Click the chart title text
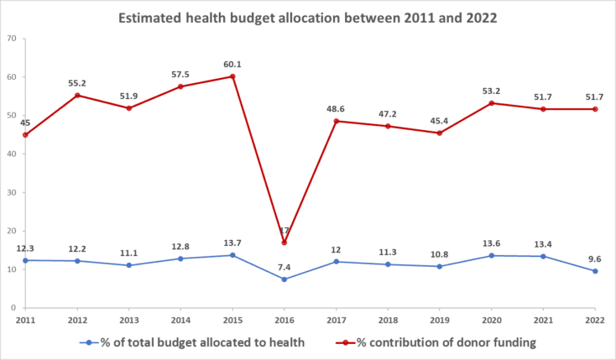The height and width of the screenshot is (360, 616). pyautogui.click(x=307, y=17)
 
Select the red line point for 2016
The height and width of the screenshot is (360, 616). pyautogui.click(x=285, y=243)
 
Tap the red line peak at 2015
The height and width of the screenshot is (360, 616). pyautogui.click(x=232, y=76)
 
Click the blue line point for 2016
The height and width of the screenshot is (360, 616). pyautogui.click(x=285, y=279)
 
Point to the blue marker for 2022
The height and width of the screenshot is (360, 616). pyautogui.click(x=595, y=271)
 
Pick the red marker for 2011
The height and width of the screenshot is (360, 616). pyautogui.click(x=25, y=135)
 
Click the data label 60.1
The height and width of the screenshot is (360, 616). pyautogui.click(x=232, y=63)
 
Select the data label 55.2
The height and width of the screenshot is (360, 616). pyautogui.click(x=77, y=82)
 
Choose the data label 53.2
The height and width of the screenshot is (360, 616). pyautogui.click(x=492, y=90)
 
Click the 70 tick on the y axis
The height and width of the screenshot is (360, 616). pyautogui.click(x=11, y=39)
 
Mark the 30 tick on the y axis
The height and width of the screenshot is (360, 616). pyautogui.click(x=11, y=192)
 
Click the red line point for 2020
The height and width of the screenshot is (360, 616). pyautogui.click(x=492, y=103)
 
